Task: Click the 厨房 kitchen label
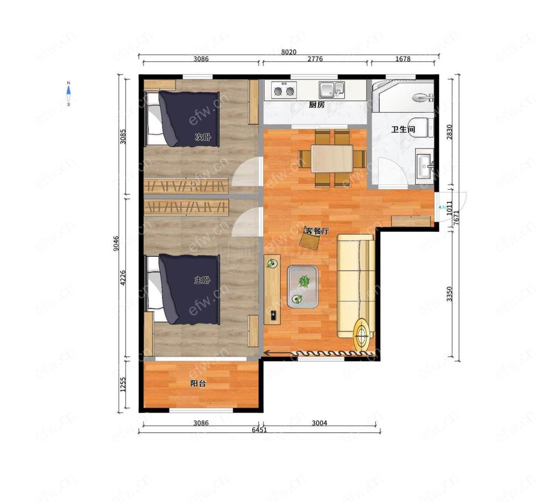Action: pyautogui.click(x=317, y=104)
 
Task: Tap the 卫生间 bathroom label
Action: pyautogui.click(x=404, y=130)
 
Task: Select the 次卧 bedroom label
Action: pyautogui.click(x=203, y=137)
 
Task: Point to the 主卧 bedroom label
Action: pyautogui.click(x=203, y=280)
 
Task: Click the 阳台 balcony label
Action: pyautogui.click(x=198, y=383)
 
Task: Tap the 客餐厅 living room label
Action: pyautogui.click(x=317, y=231)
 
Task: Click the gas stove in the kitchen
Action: pyautogui.click(x=284, y=90)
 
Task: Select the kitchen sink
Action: pyautogui.click(x=332, y=90)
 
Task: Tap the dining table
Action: pyautogui.click(x=332, y=159)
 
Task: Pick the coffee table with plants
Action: pyautogui.click(x=302, y=287)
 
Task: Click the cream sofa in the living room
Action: pyautogui.click(x=356, y=286)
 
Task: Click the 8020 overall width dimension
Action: pyautogui.click(x=289, y=52)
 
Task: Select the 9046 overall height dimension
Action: pyautogui.click(x=116, y=243)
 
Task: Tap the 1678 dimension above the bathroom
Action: pyautogui.click(x=403, y=58)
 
